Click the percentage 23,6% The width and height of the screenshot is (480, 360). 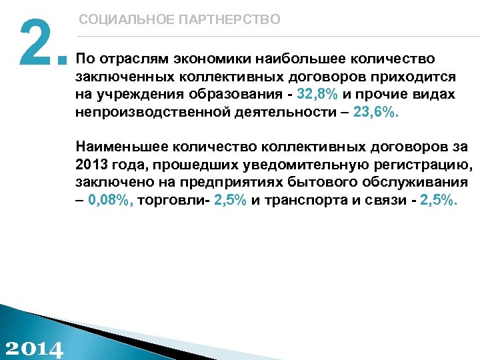coord(375,113)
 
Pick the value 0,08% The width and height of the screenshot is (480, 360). coord(111,201)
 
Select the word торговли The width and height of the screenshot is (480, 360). coord(173,201)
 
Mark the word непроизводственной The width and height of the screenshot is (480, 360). coord(153,113)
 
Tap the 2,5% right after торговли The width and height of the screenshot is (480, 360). coord(229,201)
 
